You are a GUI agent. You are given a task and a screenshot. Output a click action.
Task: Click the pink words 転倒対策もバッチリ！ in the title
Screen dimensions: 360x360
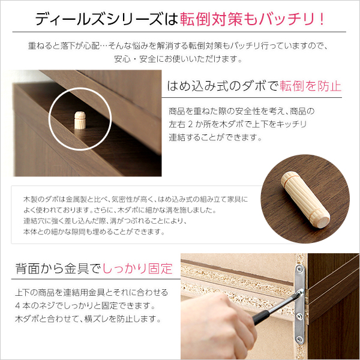[253, 18]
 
